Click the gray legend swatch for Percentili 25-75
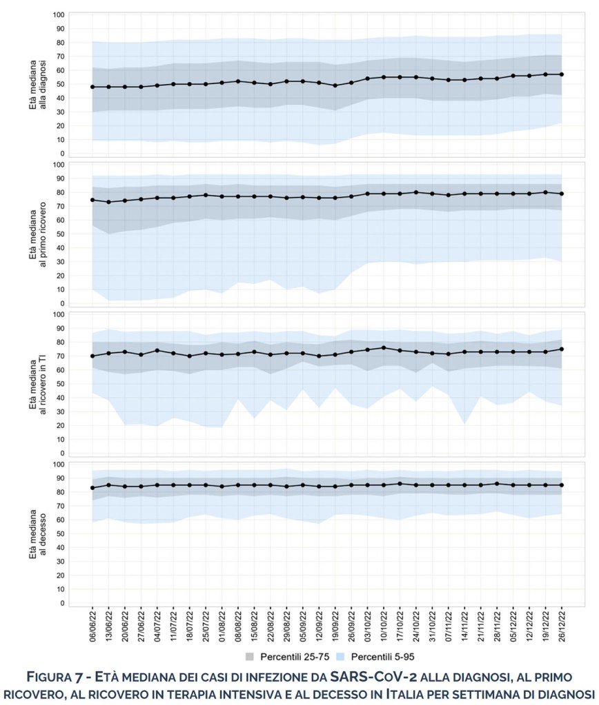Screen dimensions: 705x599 tap(251, 657)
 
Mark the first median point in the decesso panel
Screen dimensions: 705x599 tap(92, 488)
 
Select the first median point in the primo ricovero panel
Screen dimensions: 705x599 tap(92, 200)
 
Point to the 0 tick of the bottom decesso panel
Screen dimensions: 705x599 tap(62, 603)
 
